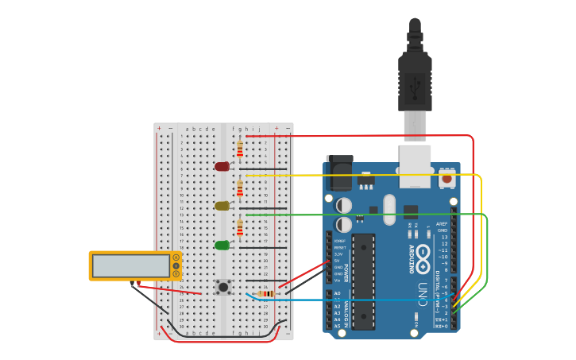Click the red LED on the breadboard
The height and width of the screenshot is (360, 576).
[222, 166]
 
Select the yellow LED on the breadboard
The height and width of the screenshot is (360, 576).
[222, 206]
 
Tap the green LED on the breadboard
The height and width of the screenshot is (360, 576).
[222, 245]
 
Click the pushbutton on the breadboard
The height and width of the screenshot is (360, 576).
[224, 287]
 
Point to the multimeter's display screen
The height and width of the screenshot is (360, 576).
[131, 265]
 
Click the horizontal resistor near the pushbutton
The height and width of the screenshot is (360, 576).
[266, 294]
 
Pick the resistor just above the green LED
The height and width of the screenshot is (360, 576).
[240, 227]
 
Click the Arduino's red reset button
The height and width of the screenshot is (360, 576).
[447, 179]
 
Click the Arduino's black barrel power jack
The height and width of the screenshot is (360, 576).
[340, 172]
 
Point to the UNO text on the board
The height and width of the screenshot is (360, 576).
[423, 291]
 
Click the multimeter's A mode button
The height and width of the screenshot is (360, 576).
[176, 257]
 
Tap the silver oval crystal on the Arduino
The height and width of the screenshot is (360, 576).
[389, 210]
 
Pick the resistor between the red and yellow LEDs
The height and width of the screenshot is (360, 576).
[240, 188]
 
